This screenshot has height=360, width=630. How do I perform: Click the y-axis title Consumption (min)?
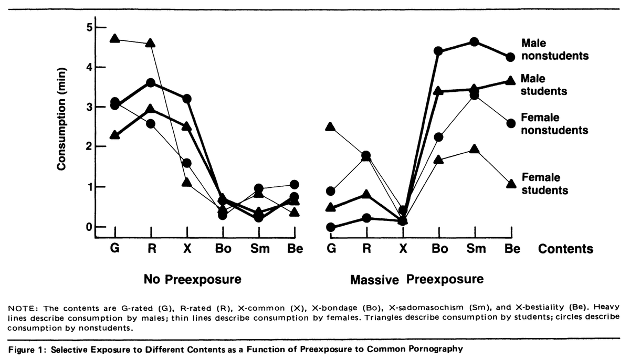(x=61, y=120)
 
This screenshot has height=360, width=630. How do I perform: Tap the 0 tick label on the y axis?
(x=89, y=227)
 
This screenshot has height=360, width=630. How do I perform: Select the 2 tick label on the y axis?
(x=89, y=147)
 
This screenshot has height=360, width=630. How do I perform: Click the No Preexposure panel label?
(x=192, y=280)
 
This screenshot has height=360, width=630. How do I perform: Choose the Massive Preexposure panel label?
(x=417, y=279)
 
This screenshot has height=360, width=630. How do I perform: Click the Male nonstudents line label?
(x=554, y=49)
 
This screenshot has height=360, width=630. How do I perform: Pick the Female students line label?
(x=544, y=184)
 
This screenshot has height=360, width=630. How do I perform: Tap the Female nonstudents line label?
(x=554, y=123)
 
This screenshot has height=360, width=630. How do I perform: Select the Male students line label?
(x=544, y=84)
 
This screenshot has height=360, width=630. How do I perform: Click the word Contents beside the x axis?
(x=565, y=249)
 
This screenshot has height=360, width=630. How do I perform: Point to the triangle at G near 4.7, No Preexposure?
(x=115, y=38)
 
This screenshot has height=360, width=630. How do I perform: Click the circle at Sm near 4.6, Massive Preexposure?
(x=475, y=41)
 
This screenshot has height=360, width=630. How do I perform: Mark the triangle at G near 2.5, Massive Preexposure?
(x=331, y=126)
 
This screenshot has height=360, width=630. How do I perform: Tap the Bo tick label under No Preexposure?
(x=223, y=249)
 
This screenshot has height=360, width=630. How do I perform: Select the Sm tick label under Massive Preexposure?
(x=476, y=249)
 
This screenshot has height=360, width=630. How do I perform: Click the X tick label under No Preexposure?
(x=186, y=249)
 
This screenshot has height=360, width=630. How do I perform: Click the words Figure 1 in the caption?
(x=25, y=350)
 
